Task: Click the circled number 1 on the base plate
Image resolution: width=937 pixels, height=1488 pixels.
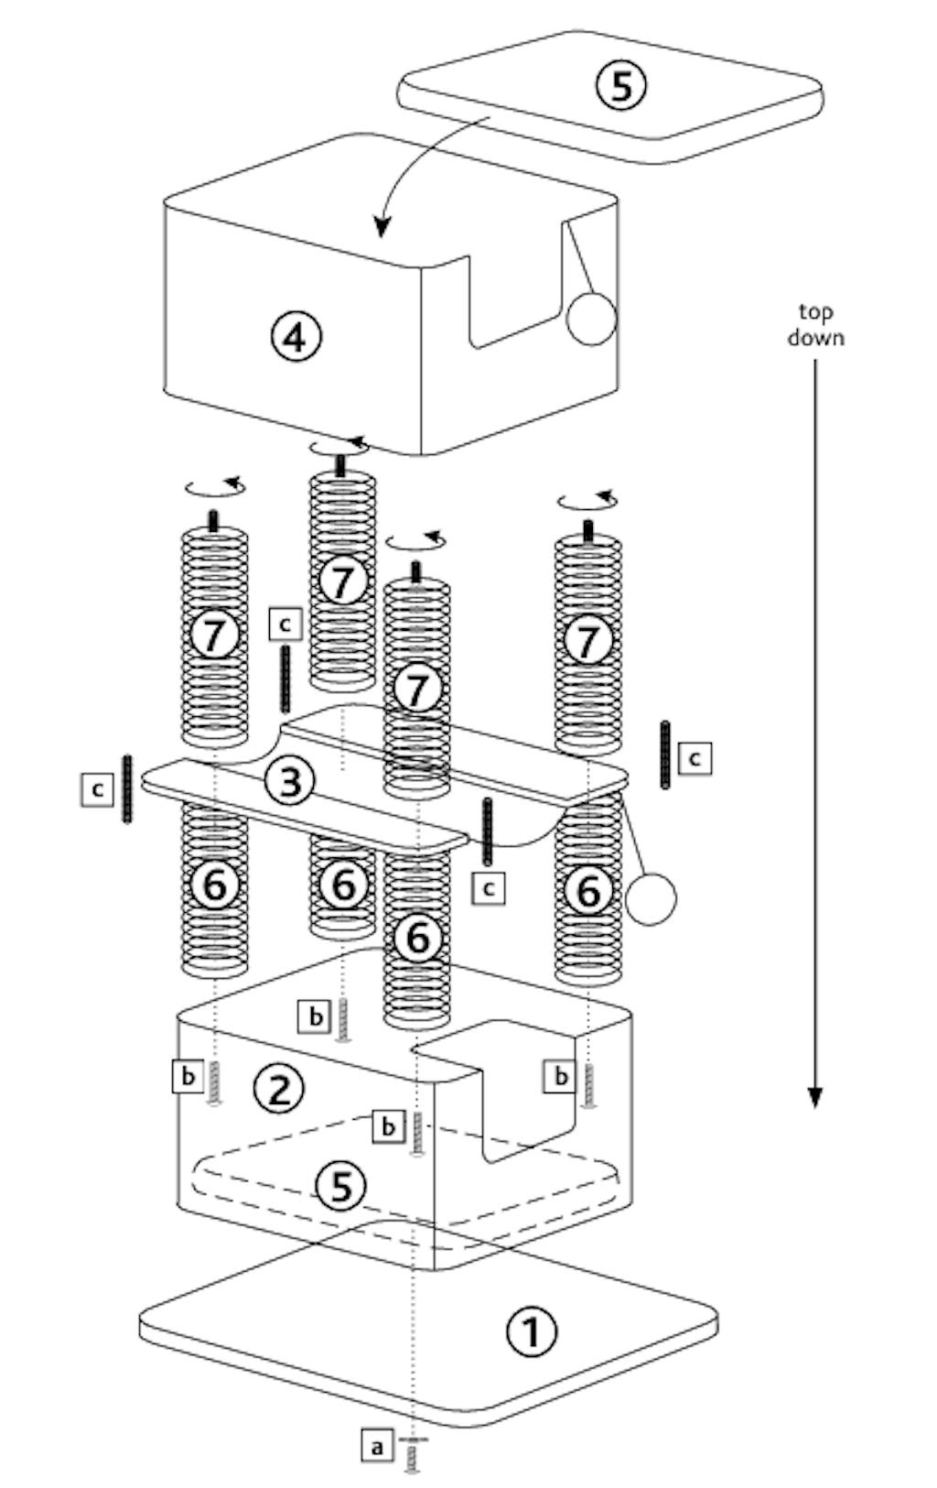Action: pos(532,1331)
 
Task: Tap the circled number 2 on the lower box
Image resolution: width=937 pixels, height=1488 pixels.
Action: pos(279,1088)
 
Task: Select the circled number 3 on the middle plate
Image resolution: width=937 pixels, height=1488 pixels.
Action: pos(290,781)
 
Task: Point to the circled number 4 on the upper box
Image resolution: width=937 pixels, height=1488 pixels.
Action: pos(296,337)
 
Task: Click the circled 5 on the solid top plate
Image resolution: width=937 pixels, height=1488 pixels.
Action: pos(621,86)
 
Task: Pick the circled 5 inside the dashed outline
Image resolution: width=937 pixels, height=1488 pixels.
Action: pos(340,1186)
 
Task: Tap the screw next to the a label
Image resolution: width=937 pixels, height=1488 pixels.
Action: pos(413,1455)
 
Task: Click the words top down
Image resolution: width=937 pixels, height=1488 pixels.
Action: pos(815,324)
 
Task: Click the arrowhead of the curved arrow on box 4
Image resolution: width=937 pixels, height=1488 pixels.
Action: pos(381,227)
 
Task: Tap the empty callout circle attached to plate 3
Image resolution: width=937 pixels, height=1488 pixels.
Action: pos(651,899)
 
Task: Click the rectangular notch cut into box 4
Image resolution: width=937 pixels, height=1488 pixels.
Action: pos(514,292)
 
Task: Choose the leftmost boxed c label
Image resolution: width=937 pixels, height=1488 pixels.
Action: pos(98,790)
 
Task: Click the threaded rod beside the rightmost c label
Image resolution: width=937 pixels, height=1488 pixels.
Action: pos(665,755)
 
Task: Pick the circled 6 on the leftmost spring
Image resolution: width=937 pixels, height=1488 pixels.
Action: pos(214,885)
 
